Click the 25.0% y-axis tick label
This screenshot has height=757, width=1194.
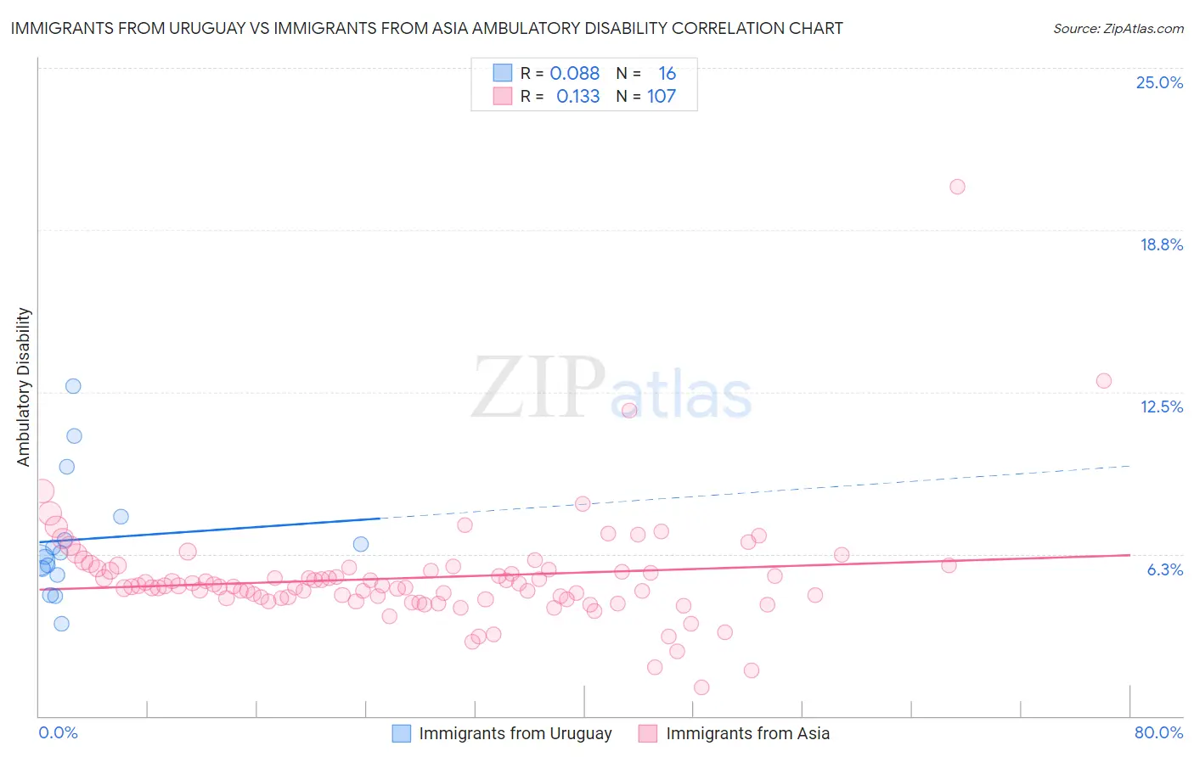[1159, 82]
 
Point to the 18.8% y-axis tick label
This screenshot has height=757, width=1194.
[1161, 244]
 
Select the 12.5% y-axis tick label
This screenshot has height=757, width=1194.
[1161, 407]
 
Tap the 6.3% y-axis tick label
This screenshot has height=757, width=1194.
[1164, 569]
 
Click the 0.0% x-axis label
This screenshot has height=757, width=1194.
[58, 732]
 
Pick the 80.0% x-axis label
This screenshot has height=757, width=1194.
[1158, 732]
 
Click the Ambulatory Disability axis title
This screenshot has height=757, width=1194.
[24, 386]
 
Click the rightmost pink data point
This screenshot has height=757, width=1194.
[1103, 381]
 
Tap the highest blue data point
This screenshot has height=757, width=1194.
[73, 386]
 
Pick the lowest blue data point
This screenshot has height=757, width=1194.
[61, 624]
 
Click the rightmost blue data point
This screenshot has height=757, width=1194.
[361, 544]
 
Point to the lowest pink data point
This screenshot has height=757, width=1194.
[701, 687]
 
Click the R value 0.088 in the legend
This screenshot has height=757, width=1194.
[574, 74]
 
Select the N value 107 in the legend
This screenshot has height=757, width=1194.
[662, 97]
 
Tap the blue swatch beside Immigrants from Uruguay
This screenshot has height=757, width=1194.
[401, 733]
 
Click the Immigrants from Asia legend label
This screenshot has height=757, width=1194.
[747, 733]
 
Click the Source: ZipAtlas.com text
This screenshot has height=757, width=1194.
[1118, 29]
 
